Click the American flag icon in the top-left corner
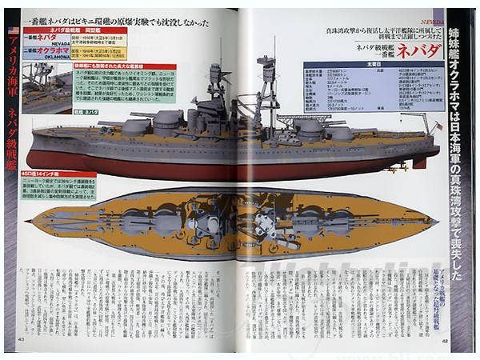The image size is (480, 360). (11, 30)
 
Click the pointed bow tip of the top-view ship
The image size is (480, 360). (30, 220)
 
